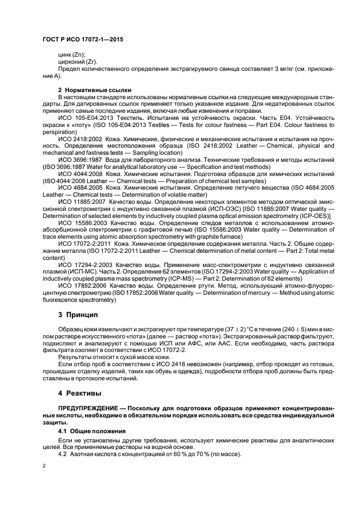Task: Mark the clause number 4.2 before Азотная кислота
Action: click(x=63, y=454)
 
